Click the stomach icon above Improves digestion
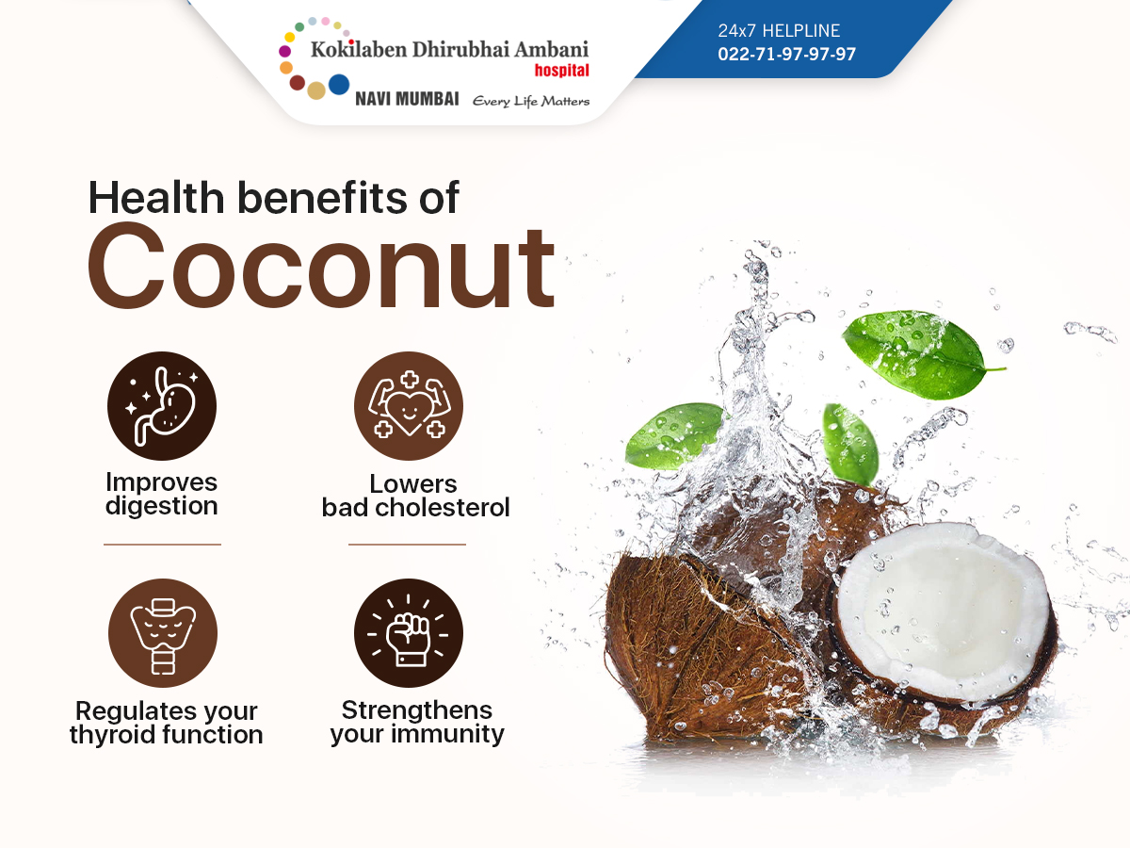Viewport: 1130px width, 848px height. pos(162,406)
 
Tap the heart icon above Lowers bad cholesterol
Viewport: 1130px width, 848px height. pos(409,406)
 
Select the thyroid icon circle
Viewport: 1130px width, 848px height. pos(163,633)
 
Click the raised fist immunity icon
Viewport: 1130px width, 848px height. pos(409,633)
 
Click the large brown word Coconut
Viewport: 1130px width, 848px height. pos(321,267)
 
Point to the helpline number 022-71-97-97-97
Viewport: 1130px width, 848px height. pos(786,54)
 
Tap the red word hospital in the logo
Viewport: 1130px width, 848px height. pos(561,70)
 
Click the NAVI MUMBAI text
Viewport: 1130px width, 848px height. pos(407,99)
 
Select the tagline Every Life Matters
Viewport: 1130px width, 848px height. pos(531,101)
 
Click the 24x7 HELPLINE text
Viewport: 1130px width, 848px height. pos(779,31)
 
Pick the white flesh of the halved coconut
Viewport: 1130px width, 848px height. pos(942,611)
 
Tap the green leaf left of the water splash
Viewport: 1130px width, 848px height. pos(675,436)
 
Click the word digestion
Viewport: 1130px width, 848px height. pos(162,507)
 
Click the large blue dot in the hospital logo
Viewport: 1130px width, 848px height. pos(339,85)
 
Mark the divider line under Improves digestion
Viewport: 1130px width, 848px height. pos(162,545)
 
